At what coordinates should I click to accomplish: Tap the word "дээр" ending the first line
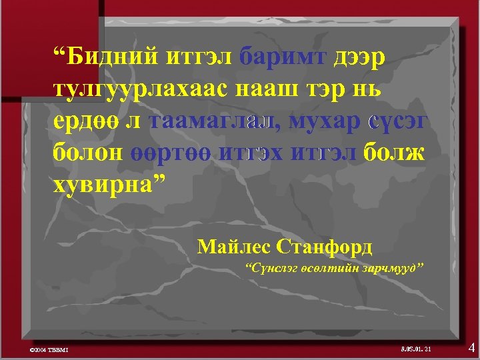(x=358, y=59)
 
